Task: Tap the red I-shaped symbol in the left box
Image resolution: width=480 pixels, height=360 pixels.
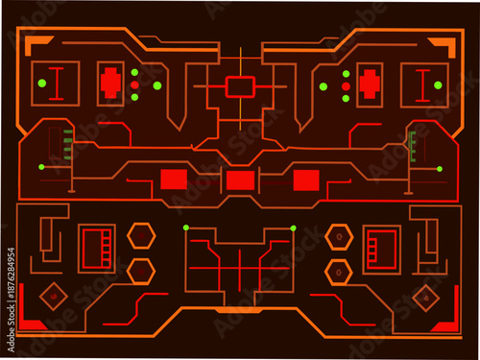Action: click(57, 83)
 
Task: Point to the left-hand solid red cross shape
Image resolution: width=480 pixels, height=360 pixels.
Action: click(111, 84)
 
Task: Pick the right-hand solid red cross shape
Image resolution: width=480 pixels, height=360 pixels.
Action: click(368, 84)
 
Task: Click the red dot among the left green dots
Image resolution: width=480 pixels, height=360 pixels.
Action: click(134, 85)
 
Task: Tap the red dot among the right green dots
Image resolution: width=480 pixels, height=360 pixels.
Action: click(346, 85)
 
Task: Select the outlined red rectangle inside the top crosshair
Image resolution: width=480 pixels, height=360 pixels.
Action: click(239, 86)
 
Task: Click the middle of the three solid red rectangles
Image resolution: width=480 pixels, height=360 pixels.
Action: click(239, 180)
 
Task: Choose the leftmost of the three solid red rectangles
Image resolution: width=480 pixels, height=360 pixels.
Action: click(174, 179)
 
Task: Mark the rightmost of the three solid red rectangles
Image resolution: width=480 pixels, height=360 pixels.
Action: click(305, 179)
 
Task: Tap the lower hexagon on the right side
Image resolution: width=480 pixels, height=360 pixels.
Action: click(338, 271)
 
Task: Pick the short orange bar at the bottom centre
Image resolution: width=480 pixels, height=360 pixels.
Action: click(238, 310)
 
